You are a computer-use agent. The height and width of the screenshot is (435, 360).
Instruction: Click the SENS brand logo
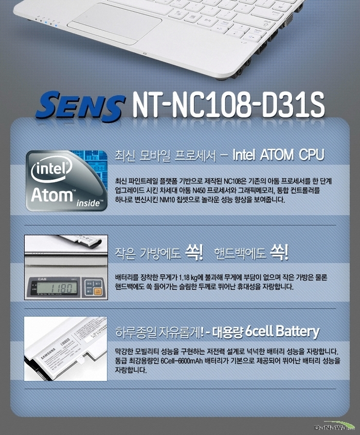[x=80, y=107]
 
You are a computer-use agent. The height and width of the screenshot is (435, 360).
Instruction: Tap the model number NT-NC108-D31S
[x=228, y=105]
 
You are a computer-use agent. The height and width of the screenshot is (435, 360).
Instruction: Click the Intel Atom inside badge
[x=66, y=181]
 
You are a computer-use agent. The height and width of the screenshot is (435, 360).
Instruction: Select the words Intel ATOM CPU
[x=278, y=155]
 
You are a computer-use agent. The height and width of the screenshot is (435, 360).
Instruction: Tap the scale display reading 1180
[x=58, y=287]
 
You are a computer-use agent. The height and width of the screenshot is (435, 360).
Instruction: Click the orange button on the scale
[x=97, y=291]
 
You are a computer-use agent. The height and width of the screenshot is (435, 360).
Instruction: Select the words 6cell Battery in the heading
[x=282, y=332]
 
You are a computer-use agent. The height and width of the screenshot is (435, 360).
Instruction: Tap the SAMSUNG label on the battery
[x=48, y=353]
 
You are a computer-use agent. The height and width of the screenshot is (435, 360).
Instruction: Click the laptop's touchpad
[x=115, y=24]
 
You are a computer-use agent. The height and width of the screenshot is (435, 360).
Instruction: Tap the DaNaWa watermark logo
[x=334, y=427]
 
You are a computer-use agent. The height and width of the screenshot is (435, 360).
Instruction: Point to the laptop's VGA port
[x=288, y=20]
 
